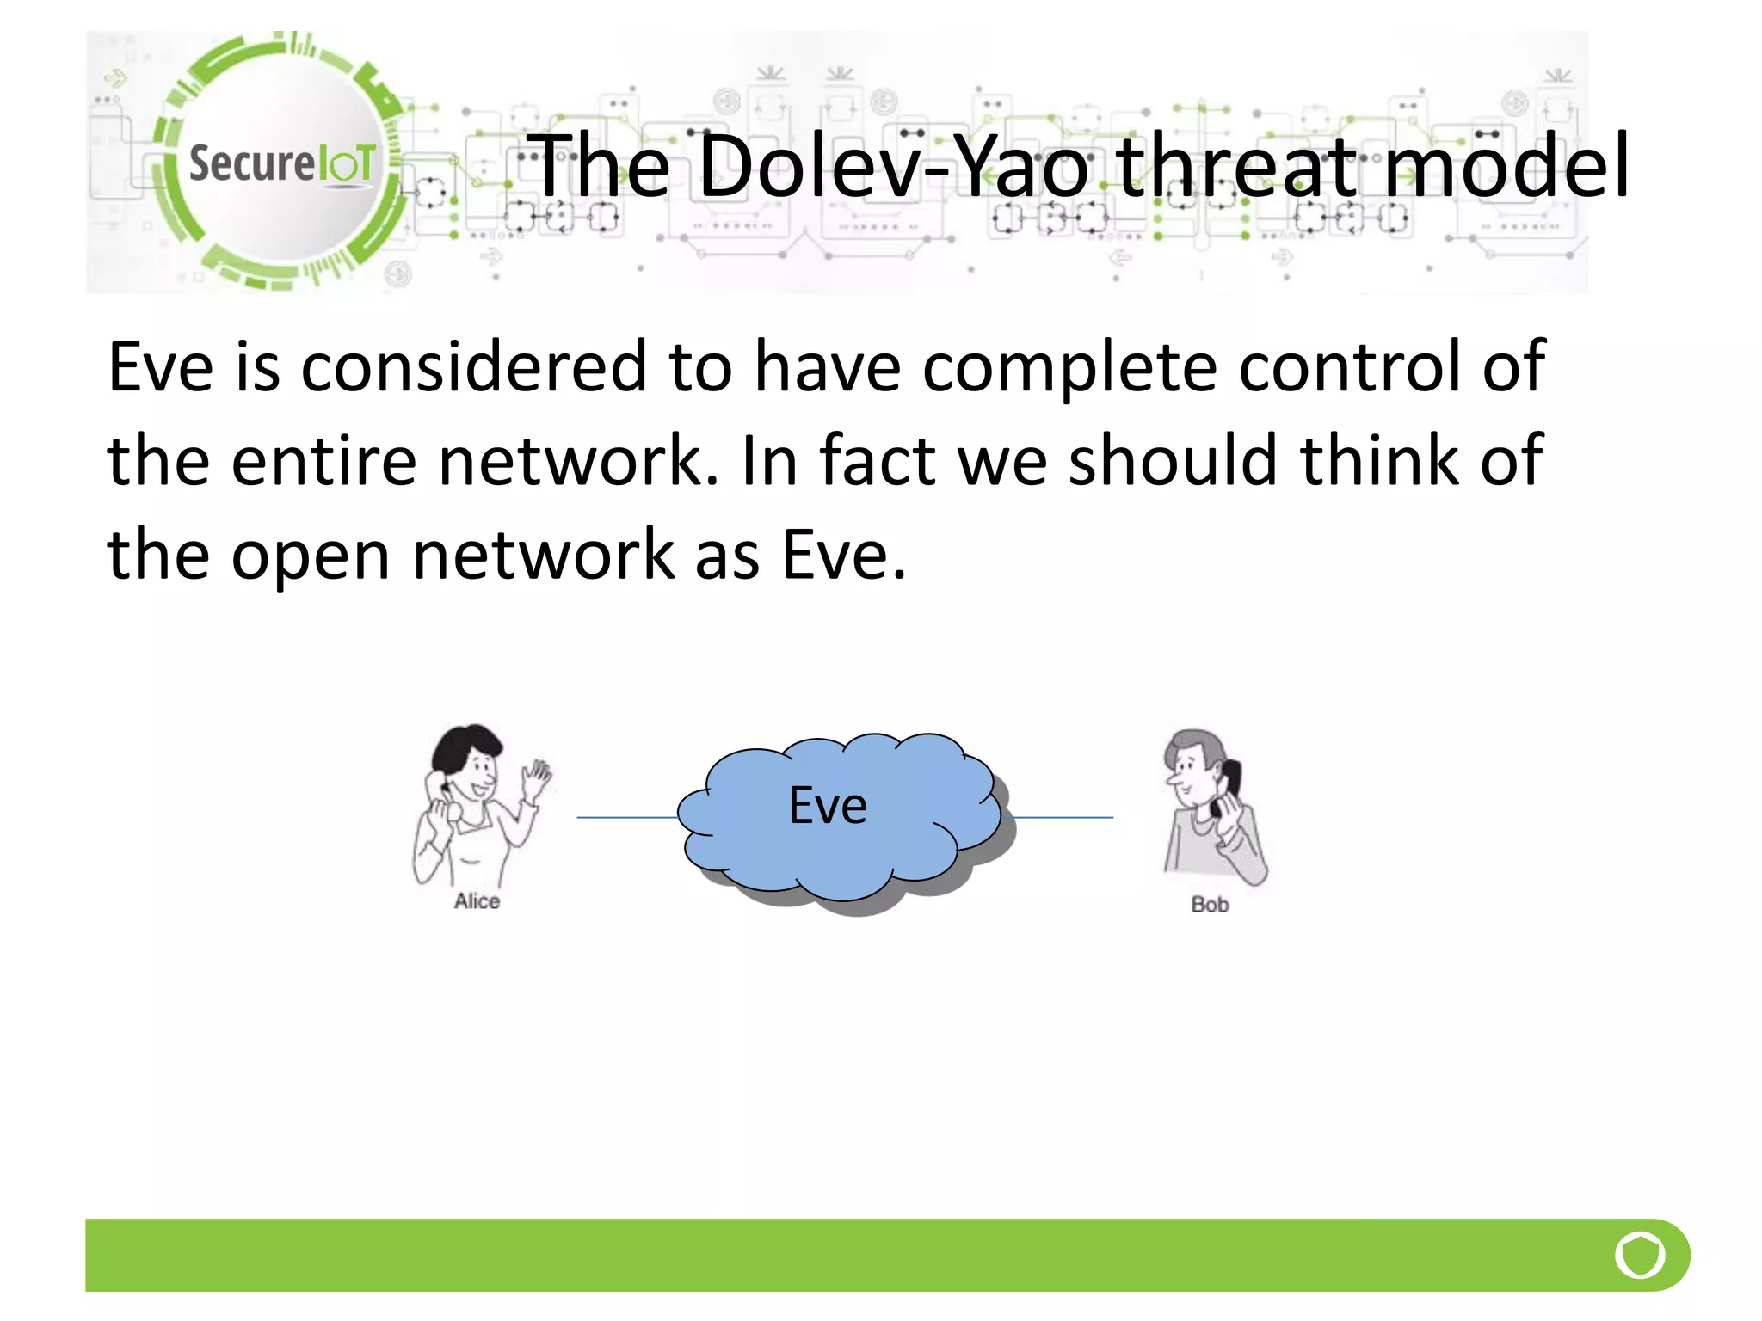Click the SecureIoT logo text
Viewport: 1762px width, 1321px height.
pyautogui.click(x=282, y=163)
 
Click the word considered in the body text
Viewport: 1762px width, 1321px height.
pyautogui.click(x=473, y=367)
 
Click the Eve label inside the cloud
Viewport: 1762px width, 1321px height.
pyautogui.click(x=828, y=807)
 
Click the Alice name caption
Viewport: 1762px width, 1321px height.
pyautogui.click(x=477, y=901)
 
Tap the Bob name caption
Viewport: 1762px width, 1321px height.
pyautogui.click(x=1210, y=905)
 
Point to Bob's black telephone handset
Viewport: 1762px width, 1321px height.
pyautogui.click(x=1229, y=783)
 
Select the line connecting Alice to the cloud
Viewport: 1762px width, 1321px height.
pyautogui.click(x=626, y=817)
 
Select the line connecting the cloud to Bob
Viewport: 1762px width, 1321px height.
pyautogui.click(x=1063, y=817)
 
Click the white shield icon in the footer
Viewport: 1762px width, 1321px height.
pyautogui.click(x=1640, y=1256)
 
